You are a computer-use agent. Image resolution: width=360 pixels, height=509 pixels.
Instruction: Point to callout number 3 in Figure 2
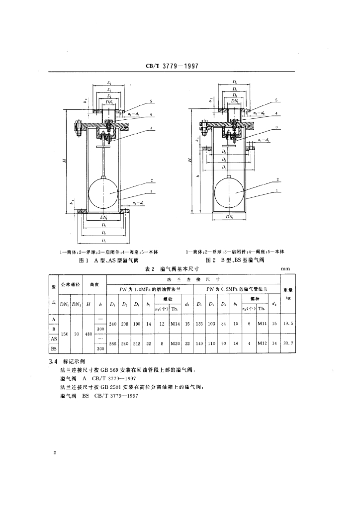(x=275, y=128)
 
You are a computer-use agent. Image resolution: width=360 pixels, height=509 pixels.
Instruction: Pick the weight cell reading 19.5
(x=288, y=324)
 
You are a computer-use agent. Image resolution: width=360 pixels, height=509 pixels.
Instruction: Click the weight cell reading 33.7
(x=288, y=343)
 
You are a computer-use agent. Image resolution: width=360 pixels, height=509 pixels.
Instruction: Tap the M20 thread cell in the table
(x=176, y=343)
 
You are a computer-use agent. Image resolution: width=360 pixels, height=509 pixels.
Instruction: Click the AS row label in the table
(x=53, y=339)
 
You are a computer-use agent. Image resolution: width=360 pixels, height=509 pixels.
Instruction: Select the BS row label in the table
(x=53, y=349)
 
